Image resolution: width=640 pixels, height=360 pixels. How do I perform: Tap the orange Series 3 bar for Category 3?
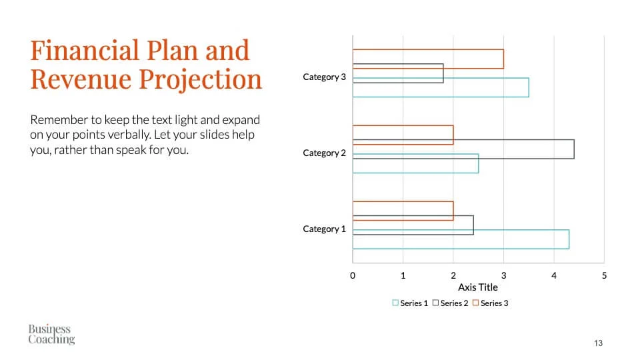428,50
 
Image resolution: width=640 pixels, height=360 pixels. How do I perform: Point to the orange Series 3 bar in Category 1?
403,201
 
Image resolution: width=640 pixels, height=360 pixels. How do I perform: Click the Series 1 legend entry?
410,303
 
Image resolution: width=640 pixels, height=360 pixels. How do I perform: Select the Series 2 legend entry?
450,303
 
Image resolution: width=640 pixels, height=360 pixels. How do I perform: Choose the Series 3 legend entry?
490,303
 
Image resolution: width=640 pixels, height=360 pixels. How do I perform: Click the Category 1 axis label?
324,229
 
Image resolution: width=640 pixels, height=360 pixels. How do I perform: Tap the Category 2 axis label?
324,153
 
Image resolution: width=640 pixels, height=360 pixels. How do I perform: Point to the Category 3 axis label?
324,77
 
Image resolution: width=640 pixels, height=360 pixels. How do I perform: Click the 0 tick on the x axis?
353,275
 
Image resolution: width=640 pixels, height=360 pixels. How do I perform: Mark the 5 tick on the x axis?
604,275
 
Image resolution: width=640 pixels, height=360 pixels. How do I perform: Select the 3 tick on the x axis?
504,275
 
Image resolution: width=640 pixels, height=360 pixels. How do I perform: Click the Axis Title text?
477,287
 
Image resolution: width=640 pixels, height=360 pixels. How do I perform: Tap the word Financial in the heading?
85,50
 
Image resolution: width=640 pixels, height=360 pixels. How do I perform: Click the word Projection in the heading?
201,79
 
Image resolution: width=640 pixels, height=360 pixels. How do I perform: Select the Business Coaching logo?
51,334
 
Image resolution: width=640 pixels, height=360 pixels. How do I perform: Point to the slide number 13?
598,343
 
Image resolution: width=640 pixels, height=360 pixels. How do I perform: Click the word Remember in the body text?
59,120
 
